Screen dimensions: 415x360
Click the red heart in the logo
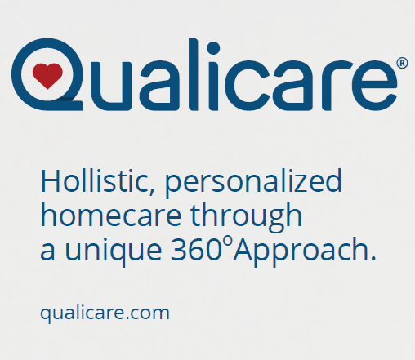click(x=47, y=76)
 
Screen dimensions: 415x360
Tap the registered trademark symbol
click(x=403, y=63)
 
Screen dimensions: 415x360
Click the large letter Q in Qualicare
click(x=47, y=74)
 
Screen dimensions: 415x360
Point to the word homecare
click(x=111, y=215)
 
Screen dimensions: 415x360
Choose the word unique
click(x=114, y=251)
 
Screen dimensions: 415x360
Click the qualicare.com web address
click(x=105, y=313)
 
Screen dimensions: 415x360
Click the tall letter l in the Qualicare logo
click(x=193, y=74)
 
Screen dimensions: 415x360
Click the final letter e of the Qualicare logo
click(x=374, y=86)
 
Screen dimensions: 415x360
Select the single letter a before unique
click(x=47, y=251)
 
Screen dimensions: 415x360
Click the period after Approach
click(x=373, y=258)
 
